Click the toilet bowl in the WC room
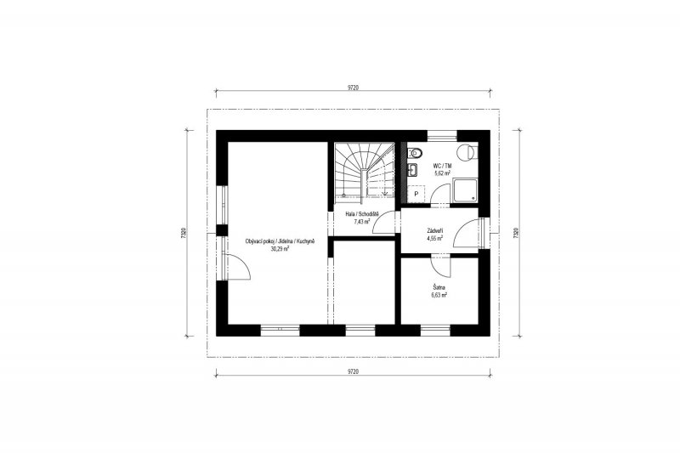(x=415, y=152)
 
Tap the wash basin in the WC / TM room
(x=412, y=170)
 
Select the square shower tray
(x=465, y=191)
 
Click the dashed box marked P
(x=416, y=194)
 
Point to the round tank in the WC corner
(x=467, y=152)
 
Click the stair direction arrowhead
(x=384, y=193)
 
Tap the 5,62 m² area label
(x=442, y=173)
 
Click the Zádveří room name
(x=435, y=231)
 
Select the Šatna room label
(x=439, y=287)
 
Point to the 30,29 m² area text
(x=280, y=249)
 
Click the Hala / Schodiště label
(x=362, y=214)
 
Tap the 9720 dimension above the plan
(x=353, y=88)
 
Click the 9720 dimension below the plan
(x=353, y=371)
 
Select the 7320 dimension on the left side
(x=184, y=233)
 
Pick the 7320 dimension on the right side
(x=516, y=233)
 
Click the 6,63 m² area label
(x=439, y=294)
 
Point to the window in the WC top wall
(x=442, y=136)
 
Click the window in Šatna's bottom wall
(x=435, y=331)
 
